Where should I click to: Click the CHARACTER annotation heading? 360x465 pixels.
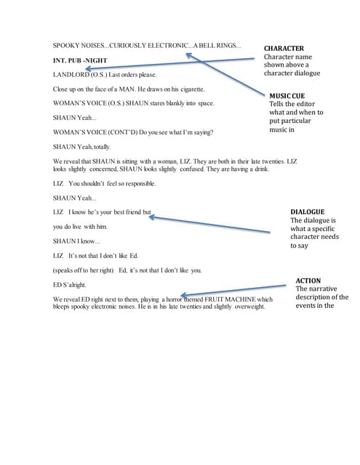284,48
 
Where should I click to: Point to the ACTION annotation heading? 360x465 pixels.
308,280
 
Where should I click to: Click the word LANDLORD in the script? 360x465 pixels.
70,75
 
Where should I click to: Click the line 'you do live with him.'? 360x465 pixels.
80,227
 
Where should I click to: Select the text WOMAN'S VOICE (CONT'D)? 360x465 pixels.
95,132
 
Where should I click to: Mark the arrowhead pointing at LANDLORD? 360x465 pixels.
87,71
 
